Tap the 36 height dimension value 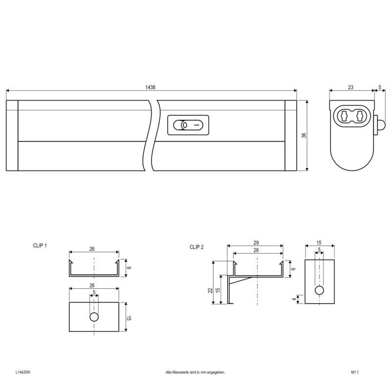pos(303,135)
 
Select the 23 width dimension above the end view pos(350,87)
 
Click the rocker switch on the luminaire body pos(188,125)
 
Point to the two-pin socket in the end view pos(352,117)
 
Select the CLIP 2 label pos(196,247)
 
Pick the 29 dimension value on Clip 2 pos(256,243)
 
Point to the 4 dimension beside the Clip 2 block pos(294,299)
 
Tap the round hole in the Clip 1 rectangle pos(94,317)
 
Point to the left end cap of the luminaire pos(12,135)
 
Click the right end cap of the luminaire pos(290,135)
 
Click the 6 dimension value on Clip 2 pos(294,269)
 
